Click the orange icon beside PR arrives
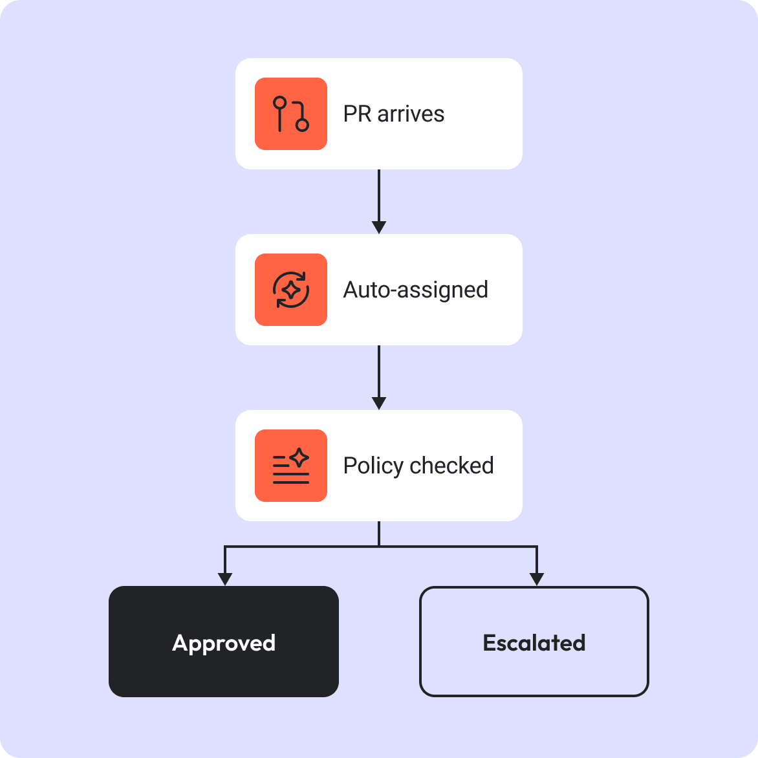291,114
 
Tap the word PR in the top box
357,114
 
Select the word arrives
411,114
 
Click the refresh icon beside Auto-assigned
291,290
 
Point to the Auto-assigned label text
415,290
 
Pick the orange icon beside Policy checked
291,466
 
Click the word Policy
373,466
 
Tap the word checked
451,466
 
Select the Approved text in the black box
224,644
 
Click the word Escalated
534,643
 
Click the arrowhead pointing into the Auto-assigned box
379,227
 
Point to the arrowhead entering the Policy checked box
379,403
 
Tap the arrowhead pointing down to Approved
225,579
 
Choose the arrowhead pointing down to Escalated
537,579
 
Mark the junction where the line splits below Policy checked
379,547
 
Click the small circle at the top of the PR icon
280,103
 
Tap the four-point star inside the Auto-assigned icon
291,290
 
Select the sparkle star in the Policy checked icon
299,457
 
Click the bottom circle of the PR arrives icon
302,125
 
